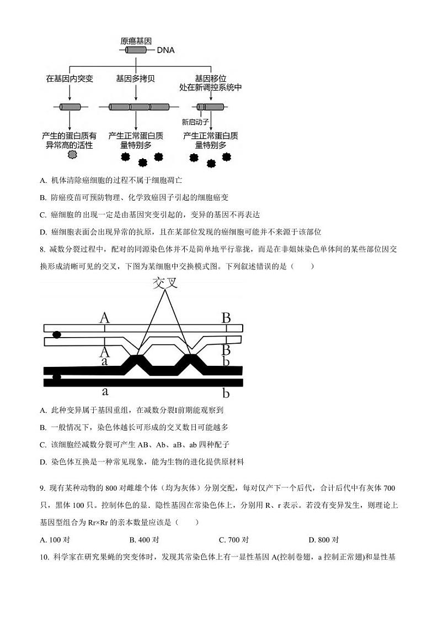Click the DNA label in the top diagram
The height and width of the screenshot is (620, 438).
pyautogui.click(x=165, y=50)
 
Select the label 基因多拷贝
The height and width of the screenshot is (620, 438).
pyautogui.click(x=136, y=79)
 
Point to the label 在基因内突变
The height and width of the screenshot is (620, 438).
pyautogui.click(x=70, y=79)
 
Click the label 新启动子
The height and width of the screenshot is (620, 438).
pyautogui.click(x=195, y=122)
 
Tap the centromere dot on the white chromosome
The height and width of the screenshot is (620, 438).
pyautogui.click(x=56, y=335)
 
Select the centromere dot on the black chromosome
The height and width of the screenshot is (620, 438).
pyautogui.click(x=56, y=377)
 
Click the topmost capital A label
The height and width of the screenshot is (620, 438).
pyautogui.click(x=104, y=318)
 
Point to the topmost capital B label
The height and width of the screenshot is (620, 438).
pyautogui.click(x=226, y=318)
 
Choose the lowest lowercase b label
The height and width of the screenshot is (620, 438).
pyautogui.click(x=226, y=393)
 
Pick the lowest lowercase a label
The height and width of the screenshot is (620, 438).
pyautogui.click(x=105, y=392)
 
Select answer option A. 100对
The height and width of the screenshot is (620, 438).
pyautogui.click(x=55, y=540)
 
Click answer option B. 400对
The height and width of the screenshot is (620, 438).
pyautogui.click(x=144, y=540)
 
